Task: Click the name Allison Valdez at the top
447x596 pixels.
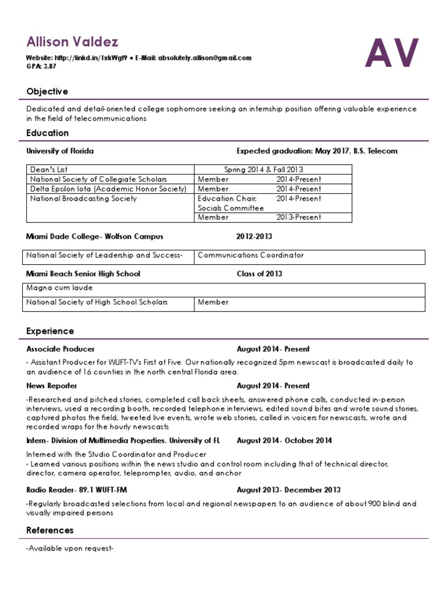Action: point(72,42)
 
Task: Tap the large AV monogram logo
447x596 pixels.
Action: point(392,53)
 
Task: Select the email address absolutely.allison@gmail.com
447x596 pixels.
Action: point(204,58)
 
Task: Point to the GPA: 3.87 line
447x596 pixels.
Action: point(41,66)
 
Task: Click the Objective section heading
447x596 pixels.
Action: point(47,91)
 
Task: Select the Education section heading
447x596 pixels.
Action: point(47,133)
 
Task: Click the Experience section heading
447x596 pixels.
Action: point(50,331)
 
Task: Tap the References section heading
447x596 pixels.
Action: point(50,530)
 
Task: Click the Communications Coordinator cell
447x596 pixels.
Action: point(250,255)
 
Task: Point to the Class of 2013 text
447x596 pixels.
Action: point(259,274)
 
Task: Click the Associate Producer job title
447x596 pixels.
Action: point(61,349)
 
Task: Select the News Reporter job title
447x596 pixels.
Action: point(52,386)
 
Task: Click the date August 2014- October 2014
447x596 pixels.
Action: point(284,441)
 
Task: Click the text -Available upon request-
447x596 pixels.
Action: point(70,548)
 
